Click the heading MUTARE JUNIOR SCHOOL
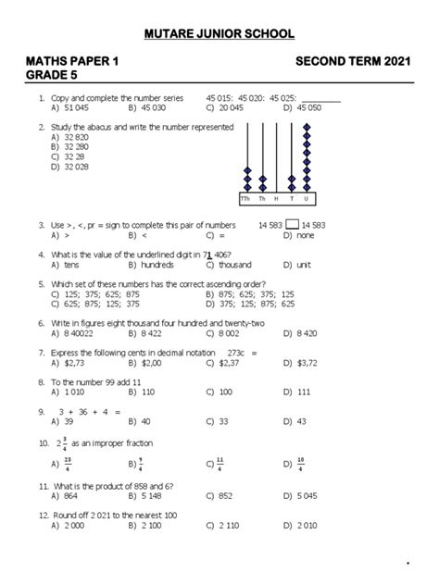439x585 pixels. point(219,34)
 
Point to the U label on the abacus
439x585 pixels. point(307,199)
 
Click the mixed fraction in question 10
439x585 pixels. point(60,443)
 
